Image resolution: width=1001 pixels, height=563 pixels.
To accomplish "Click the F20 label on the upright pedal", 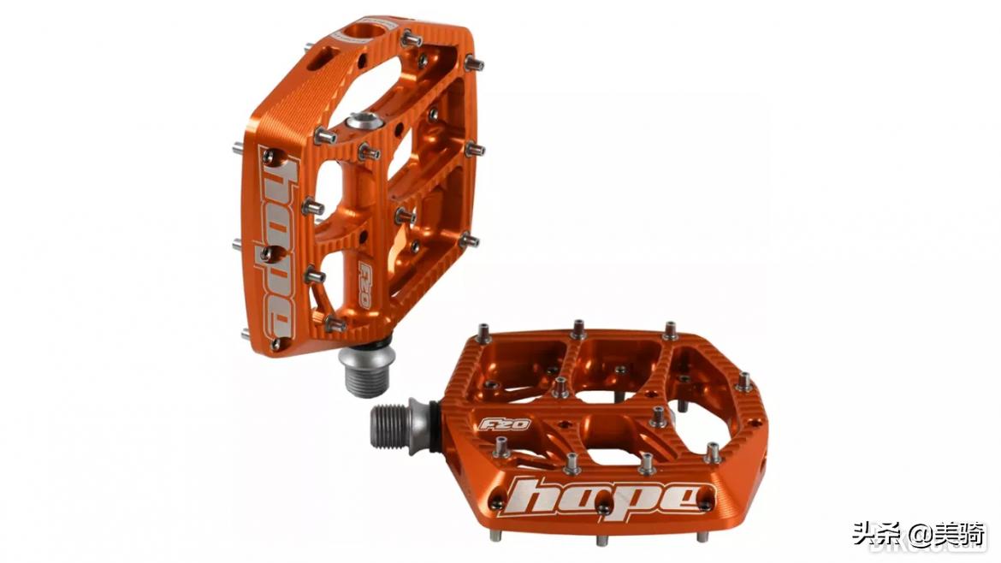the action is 366,285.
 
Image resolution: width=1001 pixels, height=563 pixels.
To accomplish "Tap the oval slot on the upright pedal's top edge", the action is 324,57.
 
